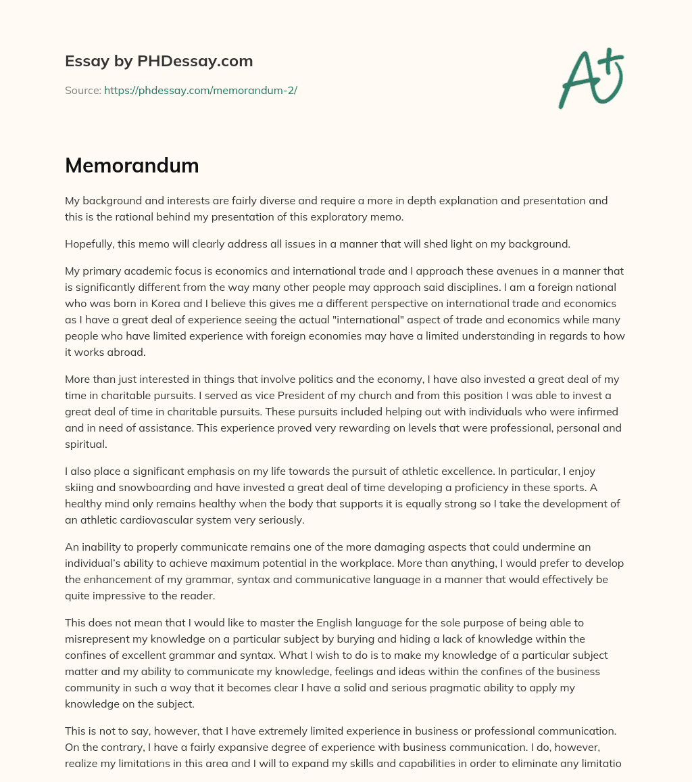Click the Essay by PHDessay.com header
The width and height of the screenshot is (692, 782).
pos(159,62)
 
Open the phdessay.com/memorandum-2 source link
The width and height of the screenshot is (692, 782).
pos(201,90)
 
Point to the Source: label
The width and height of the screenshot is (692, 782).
pos(83,90)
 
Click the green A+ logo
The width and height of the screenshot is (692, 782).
pos(591,78)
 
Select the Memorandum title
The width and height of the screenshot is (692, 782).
pos(132,166)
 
